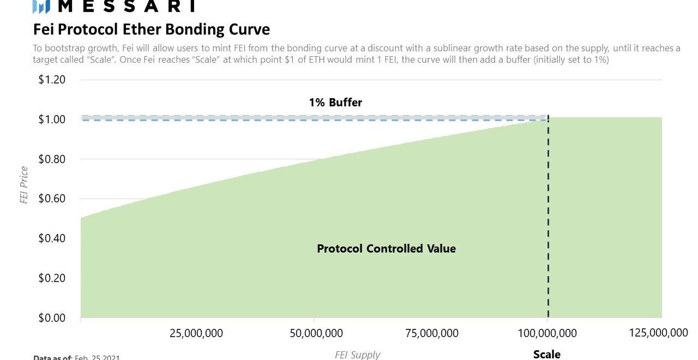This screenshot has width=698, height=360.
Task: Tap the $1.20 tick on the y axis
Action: click(52, 80)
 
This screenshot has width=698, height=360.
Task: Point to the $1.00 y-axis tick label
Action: click(52, 119)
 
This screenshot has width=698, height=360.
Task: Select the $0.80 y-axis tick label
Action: click(52, 159)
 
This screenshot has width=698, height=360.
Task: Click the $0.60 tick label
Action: click(52, 199)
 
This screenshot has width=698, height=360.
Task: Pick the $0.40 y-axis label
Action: click(52, 238)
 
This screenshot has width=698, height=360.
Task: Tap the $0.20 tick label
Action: click(52, 278)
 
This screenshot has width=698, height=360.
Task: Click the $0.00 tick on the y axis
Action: click(52, 318)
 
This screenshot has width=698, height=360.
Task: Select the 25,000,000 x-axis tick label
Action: click(196, 333)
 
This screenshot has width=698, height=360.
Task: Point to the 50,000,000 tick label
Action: click(316, 333)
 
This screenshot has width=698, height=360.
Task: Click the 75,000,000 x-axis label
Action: click(432, 333)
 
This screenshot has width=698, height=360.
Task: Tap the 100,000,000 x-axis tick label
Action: click(547, 333)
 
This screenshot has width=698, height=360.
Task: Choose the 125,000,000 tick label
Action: click(659, 333)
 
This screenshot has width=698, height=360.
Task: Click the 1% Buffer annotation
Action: click(335, 102)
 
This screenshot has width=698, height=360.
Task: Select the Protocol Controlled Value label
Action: click(386, 249)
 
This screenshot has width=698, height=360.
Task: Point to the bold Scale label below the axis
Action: click(546, 355)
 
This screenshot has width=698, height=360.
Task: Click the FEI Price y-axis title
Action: click(24, 185)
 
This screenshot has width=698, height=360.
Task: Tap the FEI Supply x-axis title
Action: click(357, 355)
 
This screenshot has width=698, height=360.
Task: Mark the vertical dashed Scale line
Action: click(547, 218)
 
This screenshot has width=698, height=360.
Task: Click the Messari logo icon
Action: click(41, 6)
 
